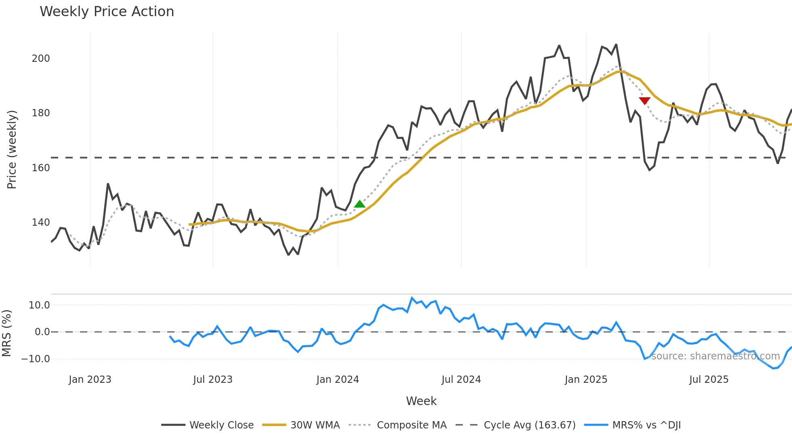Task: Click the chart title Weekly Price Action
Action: (x=107, y=12)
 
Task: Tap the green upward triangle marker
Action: (x=360, y=204)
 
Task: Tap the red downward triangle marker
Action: (x=645, y=101)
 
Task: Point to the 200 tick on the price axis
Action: (x=41, y=59)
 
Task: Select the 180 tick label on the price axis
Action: (x=41, y=113)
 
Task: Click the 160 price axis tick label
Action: (x=41, y=168)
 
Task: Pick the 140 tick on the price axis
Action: (x=41, y=222)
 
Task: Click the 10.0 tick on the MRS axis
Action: (x=39, y=305)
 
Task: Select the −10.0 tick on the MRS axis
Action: (x=36, y=359)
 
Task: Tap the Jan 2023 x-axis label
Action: (x=90, y=380)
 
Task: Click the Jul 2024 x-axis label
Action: (x=461, y=380)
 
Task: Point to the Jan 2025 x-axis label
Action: (x=586, y=380)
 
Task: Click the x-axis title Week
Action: (x=421, y=401)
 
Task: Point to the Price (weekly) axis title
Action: (x=12, y=149)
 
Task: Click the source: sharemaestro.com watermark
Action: (x=715, y=356)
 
